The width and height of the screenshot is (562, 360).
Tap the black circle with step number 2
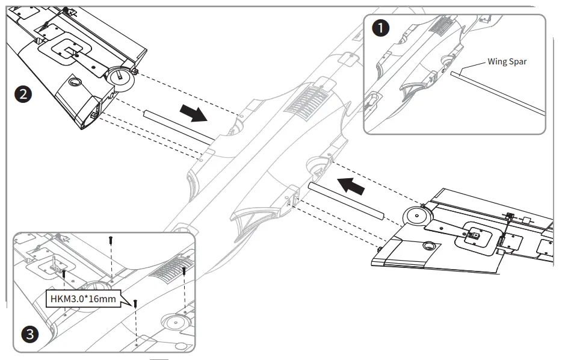pos(23,94)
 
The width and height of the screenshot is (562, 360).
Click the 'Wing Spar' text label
pos(507,61)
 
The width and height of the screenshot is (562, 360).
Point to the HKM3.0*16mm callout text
pos(83,297)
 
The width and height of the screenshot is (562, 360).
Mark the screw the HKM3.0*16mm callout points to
pos(136,305)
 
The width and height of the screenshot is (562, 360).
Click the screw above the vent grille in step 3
pos(184,272)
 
